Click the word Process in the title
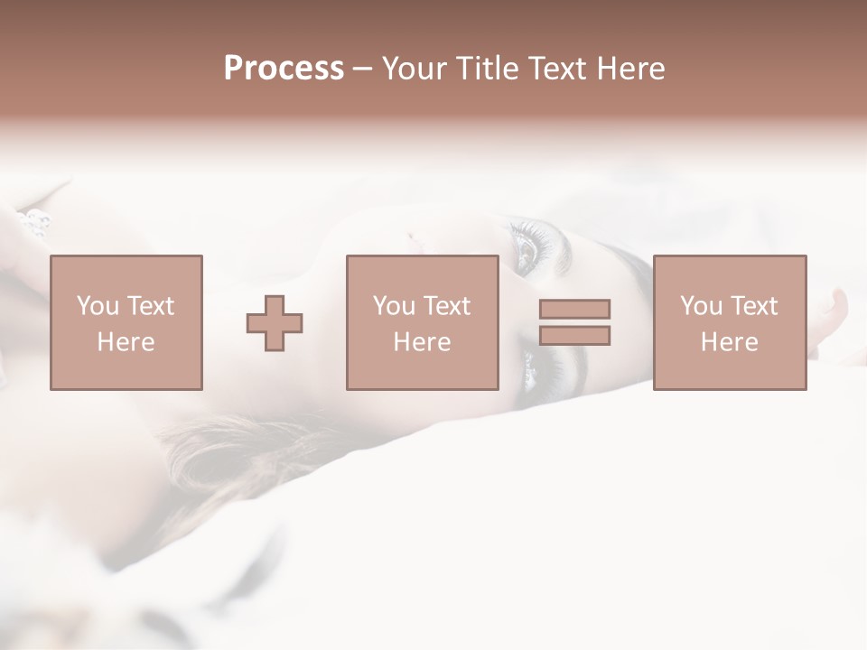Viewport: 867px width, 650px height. [284, 69]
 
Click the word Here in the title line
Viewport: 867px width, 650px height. [633, 69]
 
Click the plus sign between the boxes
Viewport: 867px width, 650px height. [275, 323]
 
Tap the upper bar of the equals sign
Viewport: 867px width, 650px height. [574, 310]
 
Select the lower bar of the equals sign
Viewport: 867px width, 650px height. [574, 336]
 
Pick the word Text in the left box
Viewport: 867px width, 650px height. [149, 306]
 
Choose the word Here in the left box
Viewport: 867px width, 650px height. [126, 342]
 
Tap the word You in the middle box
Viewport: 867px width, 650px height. [395, 306]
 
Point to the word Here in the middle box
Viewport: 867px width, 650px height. [422, 342]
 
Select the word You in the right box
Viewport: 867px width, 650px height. [702, 306]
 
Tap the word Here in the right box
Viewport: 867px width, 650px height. [729, 342]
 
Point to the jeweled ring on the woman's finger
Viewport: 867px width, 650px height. [33, 222]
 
